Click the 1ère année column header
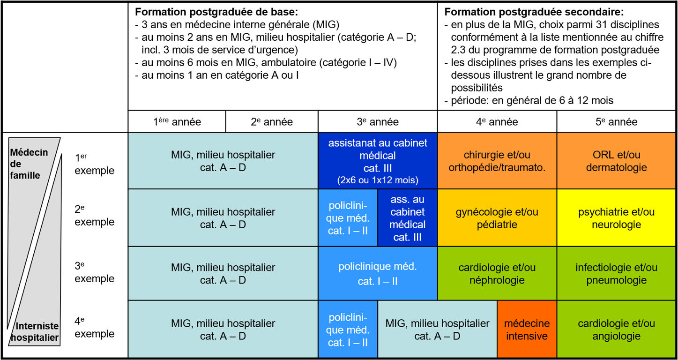177,122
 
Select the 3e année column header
378,122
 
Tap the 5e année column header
617,122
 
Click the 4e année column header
497,122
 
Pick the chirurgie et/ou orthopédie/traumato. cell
497,161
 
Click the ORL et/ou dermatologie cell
617,161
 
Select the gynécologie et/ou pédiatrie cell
497,218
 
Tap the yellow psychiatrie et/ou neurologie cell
617,218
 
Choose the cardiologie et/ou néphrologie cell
497,274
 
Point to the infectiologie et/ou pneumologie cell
617,274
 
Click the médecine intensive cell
527,330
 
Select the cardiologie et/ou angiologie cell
617,330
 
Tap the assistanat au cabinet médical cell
378,161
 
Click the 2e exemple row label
94,217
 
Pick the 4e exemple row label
94,328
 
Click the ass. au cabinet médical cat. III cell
407,218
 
